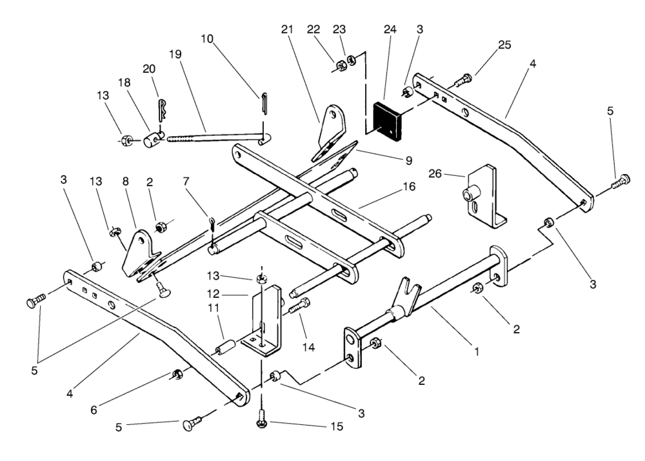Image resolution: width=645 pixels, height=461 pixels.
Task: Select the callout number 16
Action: point(410,186)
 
